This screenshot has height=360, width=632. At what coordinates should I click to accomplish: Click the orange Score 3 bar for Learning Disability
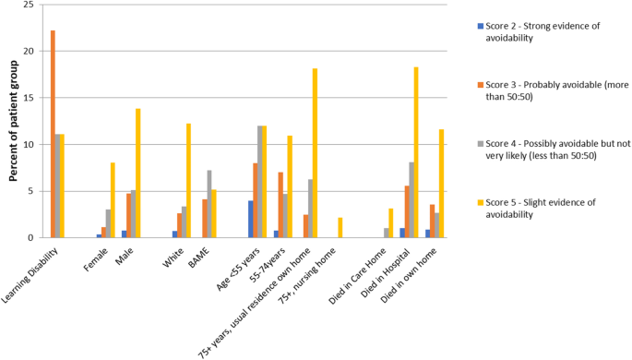point(53,134)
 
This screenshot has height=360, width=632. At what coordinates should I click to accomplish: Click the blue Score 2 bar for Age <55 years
point(250,219)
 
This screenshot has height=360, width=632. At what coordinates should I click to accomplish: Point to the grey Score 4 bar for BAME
point(209,204)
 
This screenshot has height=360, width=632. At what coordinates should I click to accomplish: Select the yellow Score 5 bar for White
point(188,181)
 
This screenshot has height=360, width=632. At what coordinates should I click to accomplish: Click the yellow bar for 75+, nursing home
point(340,228)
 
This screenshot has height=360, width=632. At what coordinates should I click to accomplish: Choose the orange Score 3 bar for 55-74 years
point(280,205)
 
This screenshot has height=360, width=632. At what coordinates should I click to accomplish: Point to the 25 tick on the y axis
point(31,5)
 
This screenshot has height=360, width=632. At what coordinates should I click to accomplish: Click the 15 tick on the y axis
point(31,98)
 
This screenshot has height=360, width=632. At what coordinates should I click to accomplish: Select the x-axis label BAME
point(196,254)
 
